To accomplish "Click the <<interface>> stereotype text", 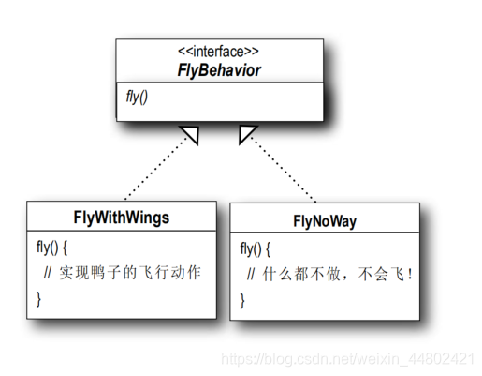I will tap(220, 53).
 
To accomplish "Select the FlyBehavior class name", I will tap(220, 69).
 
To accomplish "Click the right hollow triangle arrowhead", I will tap(247, 135).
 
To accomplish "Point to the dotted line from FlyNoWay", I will tap(285, 173).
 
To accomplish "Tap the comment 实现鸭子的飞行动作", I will tap(131, 273).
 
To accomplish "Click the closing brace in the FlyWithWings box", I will tap(38, 298).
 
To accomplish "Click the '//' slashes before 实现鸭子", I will tap(48, 273).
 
